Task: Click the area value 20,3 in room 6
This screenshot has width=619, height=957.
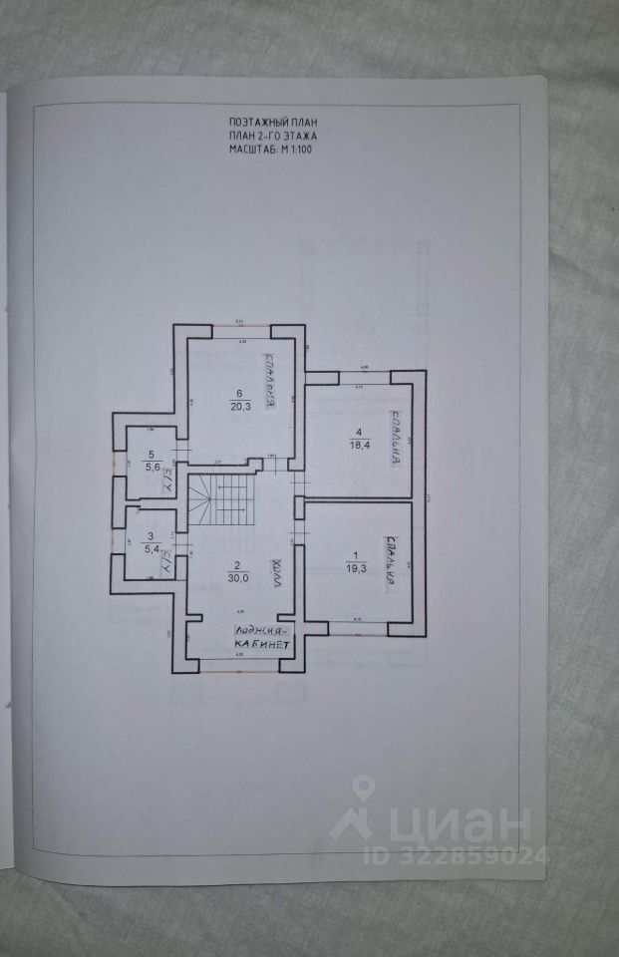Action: coord(239,405)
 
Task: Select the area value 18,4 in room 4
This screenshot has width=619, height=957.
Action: coord(355,446)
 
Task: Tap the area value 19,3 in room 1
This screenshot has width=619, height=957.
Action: coord(355,567)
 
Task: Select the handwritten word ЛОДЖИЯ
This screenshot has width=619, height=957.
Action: coord(262,630)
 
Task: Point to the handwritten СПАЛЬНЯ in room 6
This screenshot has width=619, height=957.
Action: coord(269,381)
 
